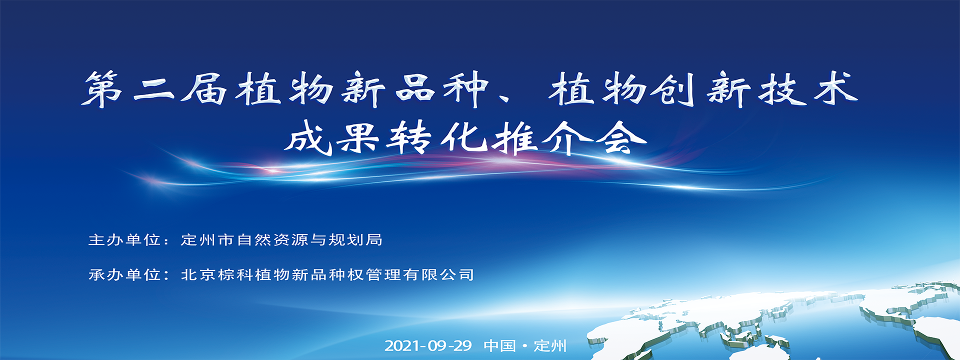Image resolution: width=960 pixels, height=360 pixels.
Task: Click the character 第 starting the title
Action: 102,89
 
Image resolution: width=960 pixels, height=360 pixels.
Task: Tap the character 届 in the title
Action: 204,89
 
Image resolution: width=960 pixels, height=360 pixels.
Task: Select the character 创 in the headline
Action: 673,89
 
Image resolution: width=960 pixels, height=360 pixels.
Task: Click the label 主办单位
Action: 124,240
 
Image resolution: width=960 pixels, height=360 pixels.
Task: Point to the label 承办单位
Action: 124,274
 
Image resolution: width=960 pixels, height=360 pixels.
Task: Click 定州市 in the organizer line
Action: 207,240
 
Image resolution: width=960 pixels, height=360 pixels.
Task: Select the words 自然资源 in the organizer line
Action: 272,240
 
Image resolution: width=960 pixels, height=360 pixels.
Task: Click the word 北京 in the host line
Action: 198,274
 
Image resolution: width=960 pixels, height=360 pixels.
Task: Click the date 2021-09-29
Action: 428,345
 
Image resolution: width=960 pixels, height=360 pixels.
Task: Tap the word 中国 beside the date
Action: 499,345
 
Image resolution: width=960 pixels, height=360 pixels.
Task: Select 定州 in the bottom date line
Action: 550,345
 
